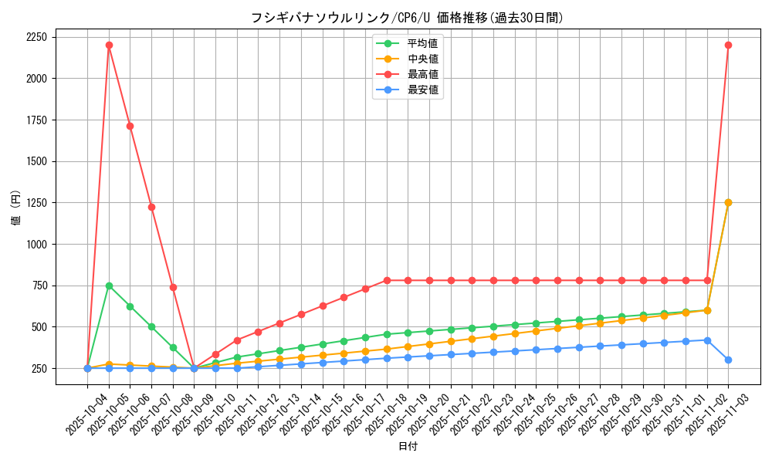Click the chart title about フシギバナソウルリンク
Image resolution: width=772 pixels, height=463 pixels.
pos(407,18)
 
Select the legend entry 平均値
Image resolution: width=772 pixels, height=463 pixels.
pos(423,43)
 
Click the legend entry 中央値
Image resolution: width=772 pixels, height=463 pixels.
pos(423,59)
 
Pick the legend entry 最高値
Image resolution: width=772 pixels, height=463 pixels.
pos(423,74)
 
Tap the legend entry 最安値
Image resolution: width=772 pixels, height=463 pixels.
pos(423,90)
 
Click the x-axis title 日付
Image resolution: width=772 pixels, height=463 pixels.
pos(408,447)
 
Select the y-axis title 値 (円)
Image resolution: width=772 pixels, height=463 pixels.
pos(16,208)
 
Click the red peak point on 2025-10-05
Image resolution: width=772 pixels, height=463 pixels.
pos(109,45)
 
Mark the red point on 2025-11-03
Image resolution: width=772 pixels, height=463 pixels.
pos(728,45)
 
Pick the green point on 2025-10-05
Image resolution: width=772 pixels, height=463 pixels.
pos(109,286)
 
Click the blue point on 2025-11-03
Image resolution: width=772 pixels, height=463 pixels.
pos(728,360)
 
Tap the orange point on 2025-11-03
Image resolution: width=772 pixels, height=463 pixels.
pos(728,202)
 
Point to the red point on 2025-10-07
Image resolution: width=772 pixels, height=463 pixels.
pos(151,207)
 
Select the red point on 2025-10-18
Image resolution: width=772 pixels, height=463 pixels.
pos(387,280)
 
